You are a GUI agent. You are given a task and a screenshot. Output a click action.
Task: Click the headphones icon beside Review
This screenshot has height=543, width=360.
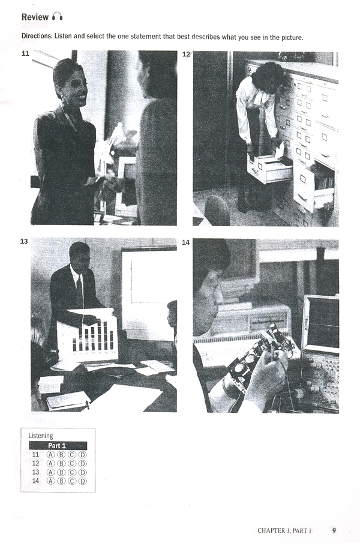click(x=58, y=16)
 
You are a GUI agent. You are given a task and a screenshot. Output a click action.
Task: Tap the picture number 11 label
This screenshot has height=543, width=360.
click(x=25, y=53)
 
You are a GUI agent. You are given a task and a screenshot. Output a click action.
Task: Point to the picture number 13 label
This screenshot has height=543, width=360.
click(x=24, y=241)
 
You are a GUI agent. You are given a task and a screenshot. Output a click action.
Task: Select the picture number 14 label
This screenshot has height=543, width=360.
click(x=186, y=242)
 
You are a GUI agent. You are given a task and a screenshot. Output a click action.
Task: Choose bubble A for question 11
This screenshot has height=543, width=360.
click(x=50, y=455)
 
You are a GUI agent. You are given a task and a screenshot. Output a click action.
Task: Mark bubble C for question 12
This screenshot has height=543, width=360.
click(x=72, y=463)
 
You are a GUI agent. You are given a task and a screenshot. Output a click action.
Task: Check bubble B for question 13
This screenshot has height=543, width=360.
click(x=61, y=472)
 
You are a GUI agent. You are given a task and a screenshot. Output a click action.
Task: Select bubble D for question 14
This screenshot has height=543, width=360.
click(x=83, y=481)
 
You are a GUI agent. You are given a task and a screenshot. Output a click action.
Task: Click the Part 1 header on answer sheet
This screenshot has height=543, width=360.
click(x=58, y=446)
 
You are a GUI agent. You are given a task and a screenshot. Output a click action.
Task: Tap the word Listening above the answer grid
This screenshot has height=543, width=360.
click(x=41, y=436)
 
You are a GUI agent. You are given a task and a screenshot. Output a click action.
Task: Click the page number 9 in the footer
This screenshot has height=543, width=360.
click(x=334, y=530)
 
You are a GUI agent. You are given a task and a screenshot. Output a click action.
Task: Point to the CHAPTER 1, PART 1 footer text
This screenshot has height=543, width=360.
click(x=284, y=530)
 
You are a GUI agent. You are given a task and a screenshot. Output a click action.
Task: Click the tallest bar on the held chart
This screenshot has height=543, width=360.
click(x=105, y=335)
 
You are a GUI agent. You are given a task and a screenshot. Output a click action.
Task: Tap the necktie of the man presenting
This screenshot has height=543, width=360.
click(x=80, y=292)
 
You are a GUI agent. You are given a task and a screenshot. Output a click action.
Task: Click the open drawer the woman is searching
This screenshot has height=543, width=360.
click(x=269, y=169)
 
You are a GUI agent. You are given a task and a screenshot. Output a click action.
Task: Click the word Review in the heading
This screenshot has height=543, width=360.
click(x=35, y=17)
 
